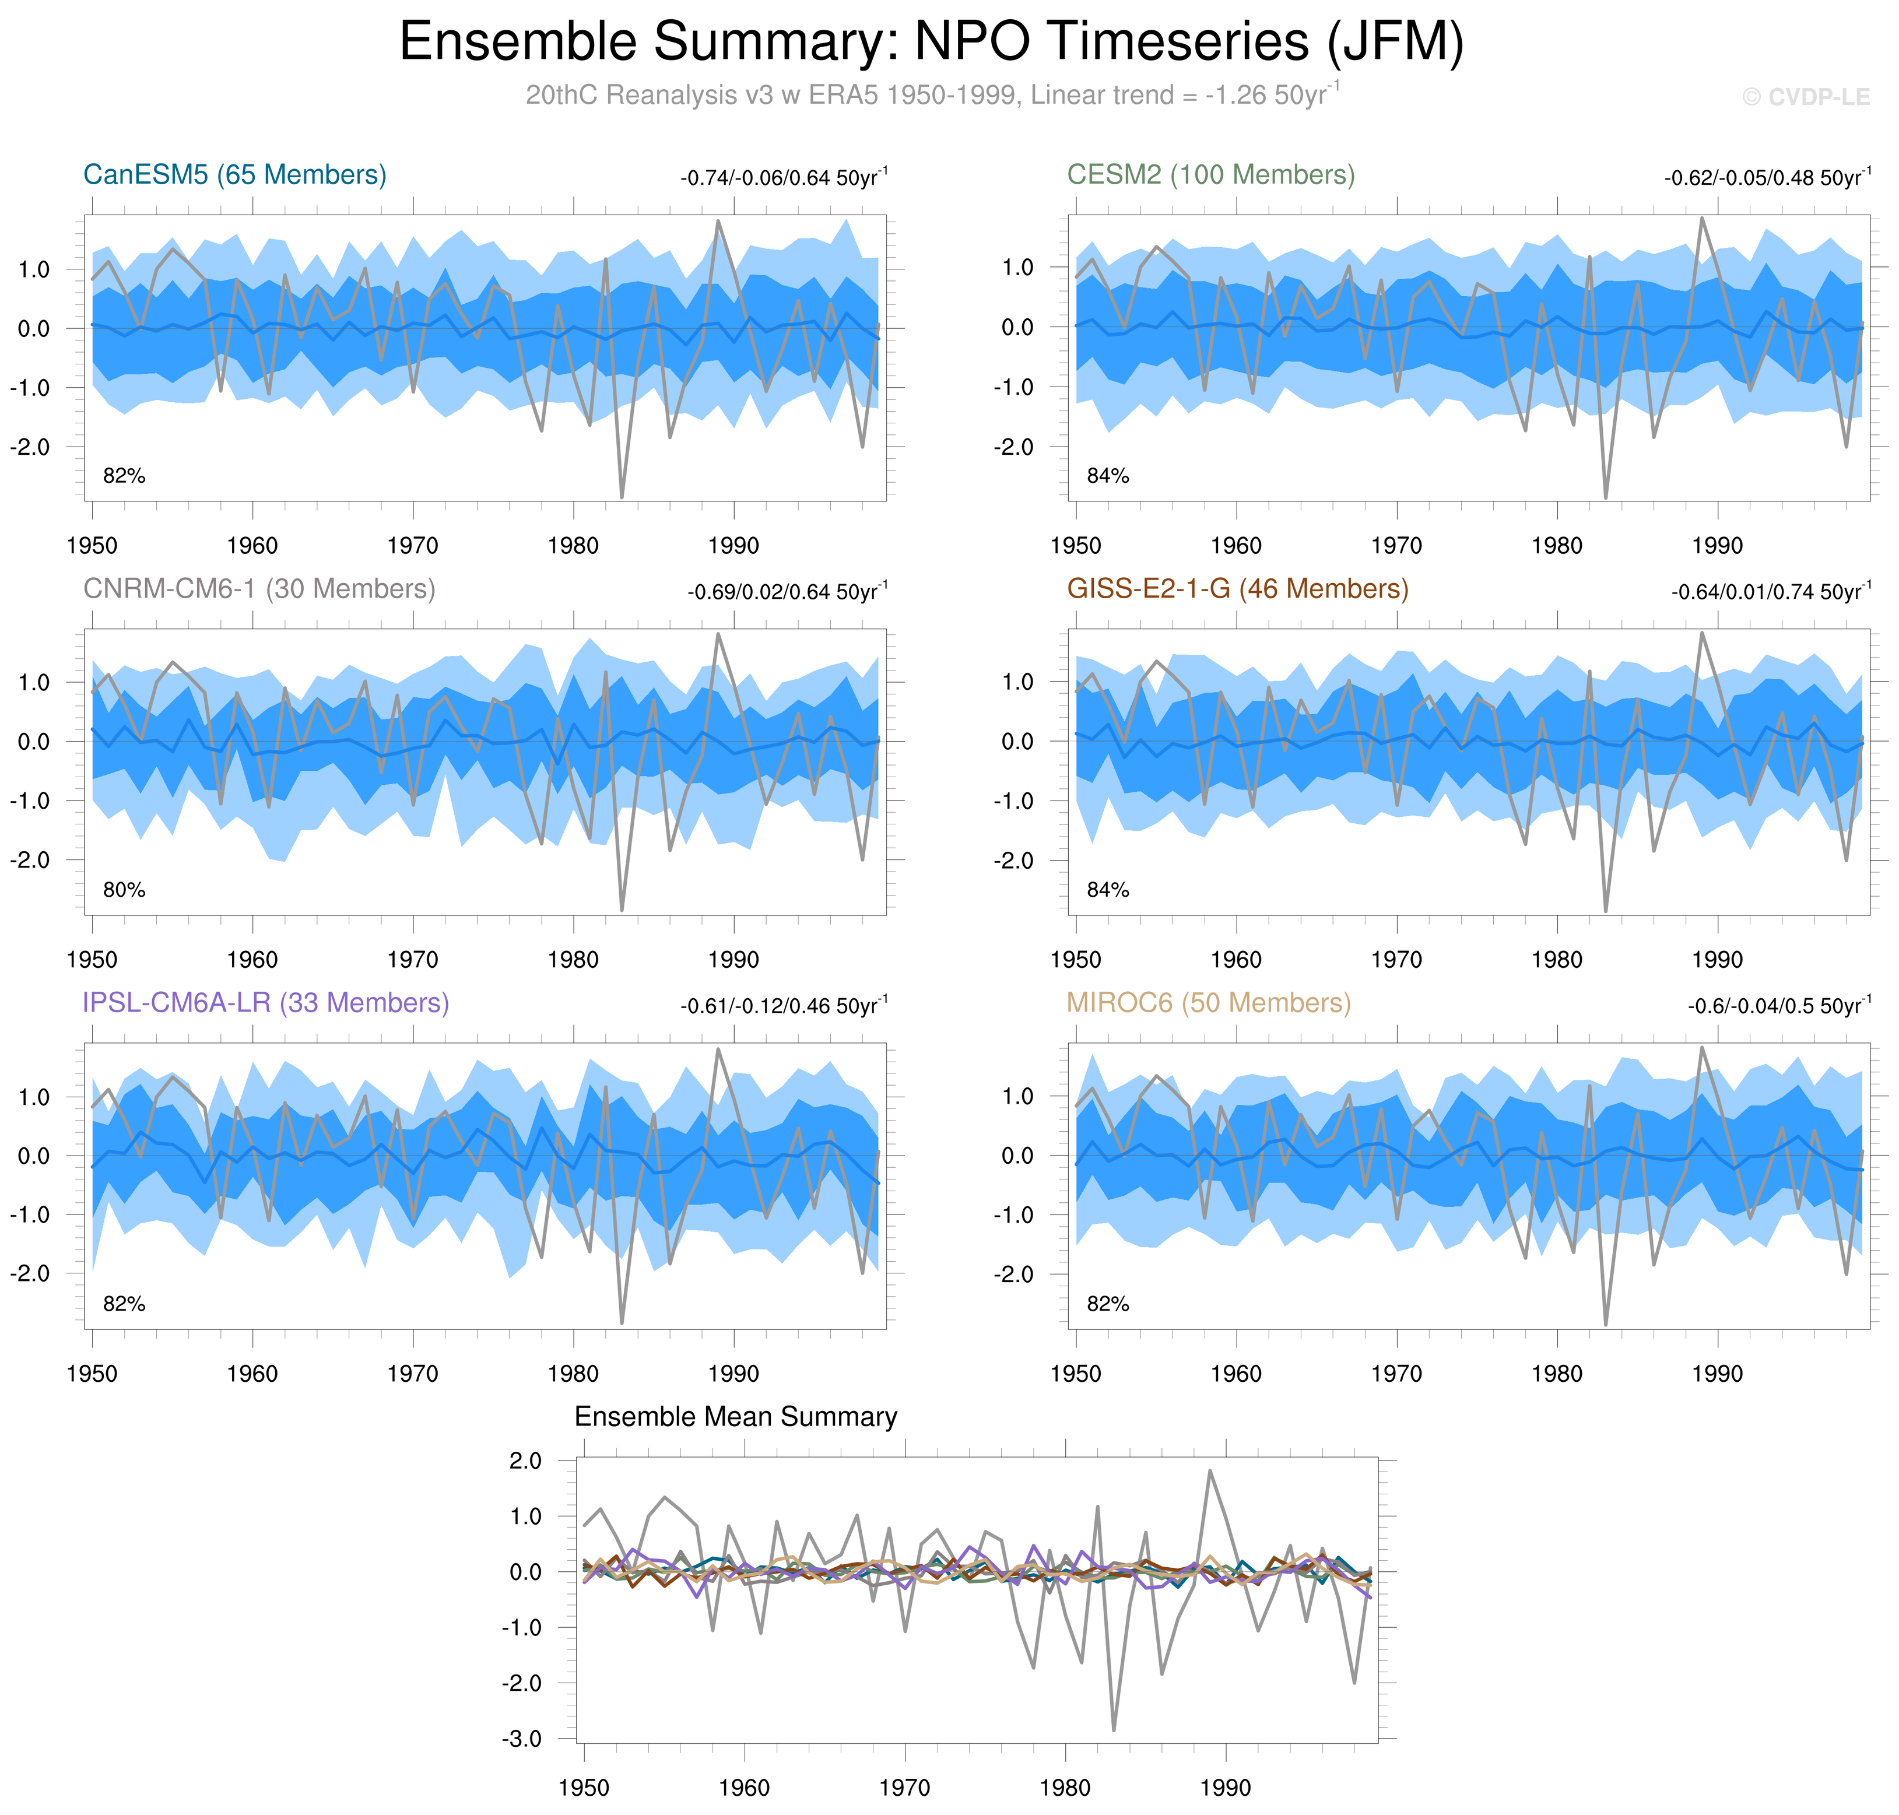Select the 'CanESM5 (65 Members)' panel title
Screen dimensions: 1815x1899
pos(235,175)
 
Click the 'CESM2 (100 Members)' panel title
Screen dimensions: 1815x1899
pos(1210,175)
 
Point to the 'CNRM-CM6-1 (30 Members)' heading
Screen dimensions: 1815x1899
pos(259,589)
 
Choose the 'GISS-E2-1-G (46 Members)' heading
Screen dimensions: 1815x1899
pos(1237,589)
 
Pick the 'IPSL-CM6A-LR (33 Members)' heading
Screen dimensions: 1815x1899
pos(266,1003)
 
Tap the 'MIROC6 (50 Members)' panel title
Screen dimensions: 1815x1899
pos(1208,1003)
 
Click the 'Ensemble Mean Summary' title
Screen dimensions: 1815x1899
pos(735,1417)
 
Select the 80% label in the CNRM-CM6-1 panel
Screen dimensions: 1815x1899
pos(124,890)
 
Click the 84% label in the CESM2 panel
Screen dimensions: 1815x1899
pos(1108,476)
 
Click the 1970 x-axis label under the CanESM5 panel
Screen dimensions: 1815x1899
pos(413,546)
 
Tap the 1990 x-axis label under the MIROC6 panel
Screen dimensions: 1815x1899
pos(1717,1374)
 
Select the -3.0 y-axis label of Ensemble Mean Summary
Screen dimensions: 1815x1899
pos(521,1739)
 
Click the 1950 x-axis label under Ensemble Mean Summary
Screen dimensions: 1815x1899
pos(583,1788)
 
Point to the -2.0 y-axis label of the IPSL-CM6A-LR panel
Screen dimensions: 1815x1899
pos(30,1274)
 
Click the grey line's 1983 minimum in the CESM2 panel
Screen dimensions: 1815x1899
pos(1606,497)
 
